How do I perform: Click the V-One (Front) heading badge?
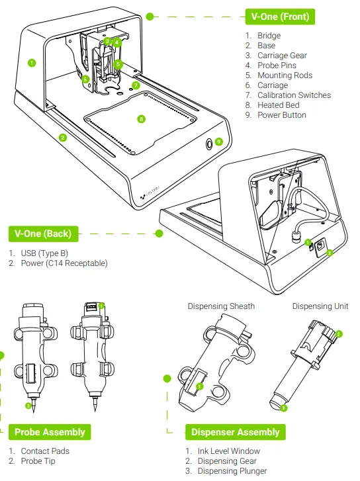click(279, 16)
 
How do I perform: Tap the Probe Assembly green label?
click(50, 432)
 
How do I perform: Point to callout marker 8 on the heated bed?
click(141, 119)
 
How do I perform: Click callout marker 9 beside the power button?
click(219, 141)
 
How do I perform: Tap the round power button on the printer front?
click(208, 142)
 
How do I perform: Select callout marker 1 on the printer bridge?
click(31, 64)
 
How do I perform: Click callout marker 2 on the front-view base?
click(62, 138)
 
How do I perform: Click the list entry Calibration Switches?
click(294, 95)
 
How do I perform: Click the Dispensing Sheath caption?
click(221, 306)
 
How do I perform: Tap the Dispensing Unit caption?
click(320, 306)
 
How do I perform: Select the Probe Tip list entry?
click(39, 461)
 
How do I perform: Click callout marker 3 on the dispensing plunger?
click(283, 408)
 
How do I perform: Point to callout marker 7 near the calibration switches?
click(136, 85)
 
